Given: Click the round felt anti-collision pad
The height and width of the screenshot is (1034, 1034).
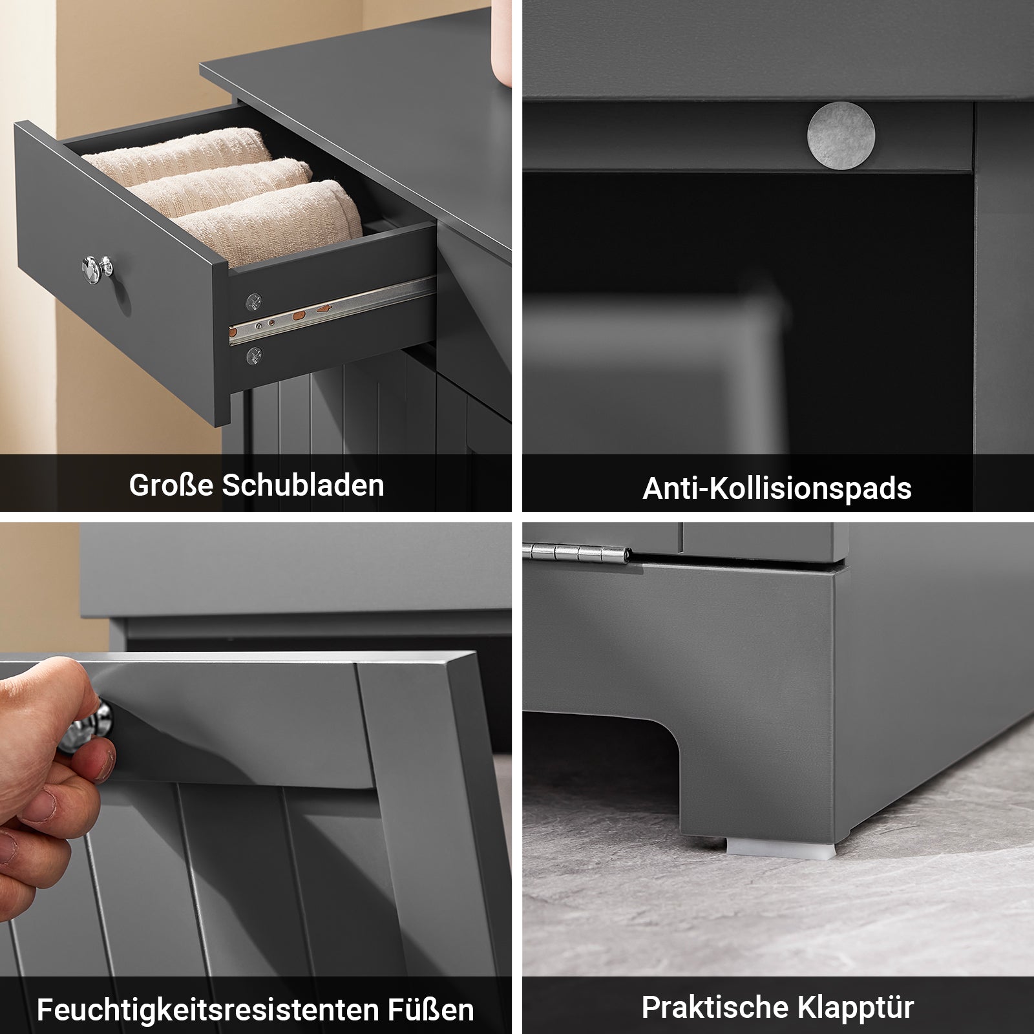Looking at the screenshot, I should point(841,136).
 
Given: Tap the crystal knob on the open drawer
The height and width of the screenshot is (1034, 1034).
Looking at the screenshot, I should point(97,268).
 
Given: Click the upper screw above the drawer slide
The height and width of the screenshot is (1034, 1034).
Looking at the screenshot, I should point(253,301).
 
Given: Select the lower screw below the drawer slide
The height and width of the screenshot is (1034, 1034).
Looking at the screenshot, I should point(253,354).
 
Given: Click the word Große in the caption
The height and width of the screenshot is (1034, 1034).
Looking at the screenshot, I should point(171,485).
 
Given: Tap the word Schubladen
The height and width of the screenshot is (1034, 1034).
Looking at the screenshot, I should point(303,485).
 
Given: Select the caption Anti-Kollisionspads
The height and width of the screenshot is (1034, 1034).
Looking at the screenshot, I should point(777,488).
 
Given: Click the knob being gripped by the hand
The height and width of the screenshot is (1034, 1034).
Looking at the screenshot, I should point(87,727).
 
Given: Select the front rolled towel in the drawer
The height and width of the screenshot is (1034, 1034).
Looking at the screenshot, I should point(271,220).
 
